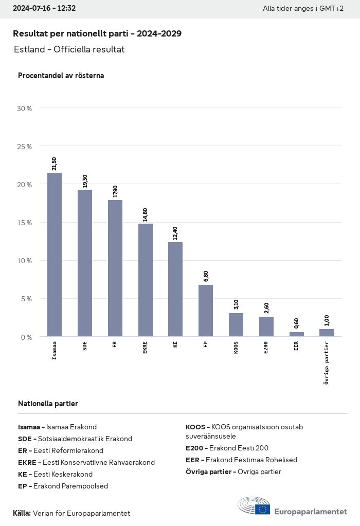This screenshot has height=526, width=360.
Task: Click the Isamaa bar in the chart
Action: coord(55,255)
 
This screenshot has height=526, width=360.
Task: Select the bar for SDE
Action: coord(85,263)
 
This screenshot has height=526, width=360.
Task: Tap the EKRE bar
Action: coord(145,280)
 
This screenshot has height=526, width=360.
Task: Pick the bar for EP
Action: coord(206,311)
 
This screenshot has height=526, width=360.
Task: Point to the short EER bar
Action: coord(296,334)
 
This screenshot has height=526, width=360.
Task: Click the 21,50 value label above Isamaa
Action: coord(55,163)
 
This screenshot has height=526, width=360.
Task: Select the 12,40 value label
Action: coord(175,232)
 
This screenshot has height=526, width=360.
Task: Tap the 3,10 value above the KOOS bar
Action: coord(236,303)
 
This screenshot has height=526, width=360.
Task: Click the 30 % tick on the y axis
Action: coord(25,108)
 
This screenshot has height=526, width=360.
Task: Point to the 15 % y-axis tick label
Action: coord(25,223)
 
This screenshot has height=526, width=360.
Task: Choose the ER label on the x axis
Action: coord(115,344)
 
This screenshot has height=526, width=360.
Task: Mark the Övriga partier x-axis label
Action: coord(327,362)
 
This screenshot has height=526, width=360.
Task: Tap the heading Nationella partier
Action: coord(48,404)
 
